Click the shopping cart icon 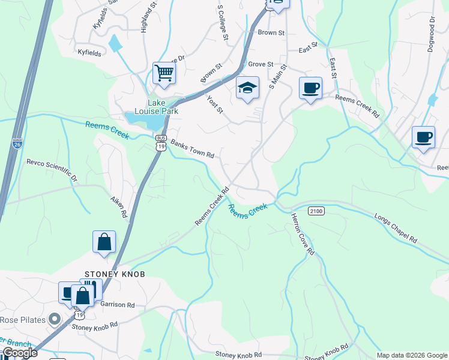click(163, 74)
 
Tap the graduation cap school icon click(247, 88)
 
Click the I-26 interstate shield click(17, 143)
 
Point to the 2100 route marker click(316, 211)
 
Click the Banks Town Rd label click(192, 149)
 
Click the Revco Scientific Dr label click(52, 170)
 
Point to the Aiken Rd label click(118, 206)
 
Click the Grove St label click(261, 64)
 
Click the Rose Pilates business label click(23, 319)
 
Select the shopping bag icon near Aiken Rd click(104, 242)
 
